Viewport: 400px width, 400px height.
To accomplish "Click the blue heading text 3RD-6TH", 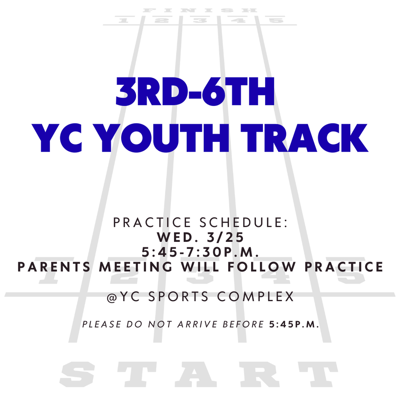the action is pos(195,91).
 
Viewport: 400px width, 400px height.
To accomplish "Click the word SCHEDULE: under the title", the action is pos(244,222).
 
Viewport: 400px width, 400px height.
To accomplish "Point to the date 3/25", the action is pos(225,237).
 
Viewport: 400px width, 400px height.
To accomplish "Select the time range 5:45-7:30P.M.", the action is pos(200,252).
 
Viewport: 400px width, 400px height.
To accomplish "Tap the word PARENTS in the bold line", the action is pos(54,267).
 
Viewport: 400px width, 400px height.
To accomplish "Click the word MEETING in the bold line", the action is pos(136,267).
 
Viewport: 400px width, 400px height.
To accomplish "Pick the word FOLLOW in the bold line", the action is pos(261,267).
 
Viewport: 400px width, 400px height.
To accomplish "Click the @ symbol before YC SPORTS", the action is pos(112,297).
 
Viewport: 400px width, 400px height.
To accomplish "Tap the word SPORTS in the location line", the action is pos(178,297).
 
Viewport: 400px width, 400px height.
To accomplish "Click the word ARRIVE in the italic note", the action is pos(197,324).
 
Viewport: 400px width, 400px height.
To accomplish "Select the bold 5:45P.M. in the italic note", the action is pos(295,324).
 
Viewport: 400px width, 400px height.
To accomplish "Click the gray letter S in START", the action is pos(77,374).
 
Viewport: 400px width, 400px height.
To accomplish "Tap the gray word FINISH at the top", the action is pos(200,11).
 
